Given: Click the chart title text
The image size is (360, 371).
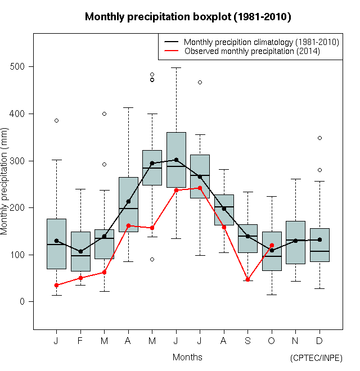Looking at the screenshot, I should pyautogui.click(x=187, y=17).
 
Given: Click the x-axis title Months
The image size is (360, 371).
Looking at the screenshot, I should pyautogui.click(x=187, y=357).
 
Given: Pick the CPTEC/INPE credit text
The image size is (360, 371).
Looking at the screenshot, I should pyautogui.click(x=316, y=358).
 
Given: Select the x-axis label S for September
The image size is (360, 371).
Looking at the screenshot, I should pyautogui.click(x=247, y=341).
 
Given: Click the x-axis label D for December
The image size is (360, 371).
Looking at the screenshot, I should pyautogui.click(x=319, y=341).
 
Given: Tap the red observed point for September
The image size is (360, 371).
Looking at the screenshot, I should pyautogui.click(x=247, y=279).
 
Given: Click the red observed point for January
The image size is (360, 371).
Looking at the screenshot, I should pyautogui.click(x=56, y=285).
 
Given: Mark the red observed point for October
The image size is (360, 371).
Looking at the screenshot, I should pyautogui.click(x=272, y=245).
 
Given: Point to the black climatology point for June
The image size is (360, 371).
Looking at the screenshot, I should pyautogui.click(x=176, y=160).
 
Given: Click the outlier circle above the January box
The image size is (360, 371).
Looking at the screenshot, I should pyautogui.click(x=56, y=120).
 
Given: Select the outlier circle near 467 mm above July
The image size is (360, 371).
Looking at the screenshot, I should pyautogui.click(x=200, y=82).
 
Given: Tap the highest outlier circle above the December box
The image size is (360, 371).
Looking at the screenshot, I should pyautogui.click(x=319, y=138).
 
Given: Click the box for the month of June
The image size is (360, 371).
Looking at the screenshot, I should pyautogui.click(x=176, y=160).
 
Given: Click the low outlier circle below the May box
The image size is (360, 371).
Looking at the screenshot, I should pyautogui.click(x=152, y=259).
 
